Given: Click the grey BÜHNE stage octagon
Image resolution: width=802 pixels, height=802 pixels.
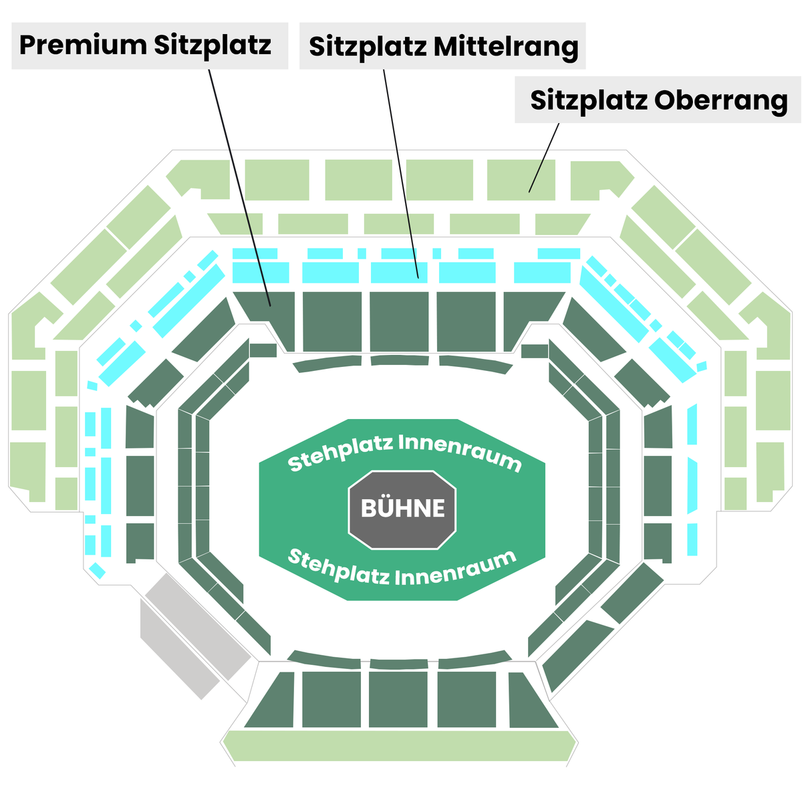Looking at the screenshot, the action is tap(402, 509).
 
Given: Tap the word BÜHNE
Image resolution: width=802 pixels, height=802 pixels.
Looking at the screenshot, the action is tap(402, 508).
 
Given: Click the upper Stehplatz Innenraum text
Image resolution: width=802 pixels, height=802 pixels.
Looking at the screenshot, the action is tap(404, 453).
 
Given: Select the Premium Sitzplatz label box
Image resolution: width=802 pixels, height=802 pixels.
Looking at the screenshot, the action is tap(150, 46).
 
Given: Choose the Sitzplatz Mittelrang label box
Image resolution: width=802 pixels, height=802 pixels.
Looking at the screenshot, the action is tap(442, 46).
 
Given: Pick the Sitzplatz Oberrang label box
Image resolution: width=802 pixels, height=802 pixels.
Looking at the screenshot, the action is tap(658, 100).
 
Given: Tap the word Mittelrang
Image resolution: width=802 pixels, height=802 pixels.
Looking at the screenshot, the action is tap(506, 47).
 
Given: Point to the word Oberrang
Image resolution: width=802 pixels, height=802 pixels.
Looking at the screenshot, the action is tap(721, 100).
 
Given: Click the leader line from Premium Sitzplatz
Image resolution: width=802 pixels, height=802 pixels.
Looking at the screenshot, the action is tap(240, 188).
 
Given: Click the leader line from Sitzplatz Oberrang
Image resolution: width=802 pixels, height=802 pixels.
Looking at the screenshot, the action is tap(543, 158).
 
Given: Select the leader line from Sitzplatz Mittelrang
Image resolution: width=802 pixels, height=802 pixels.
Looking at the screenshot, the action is tap(401, 174).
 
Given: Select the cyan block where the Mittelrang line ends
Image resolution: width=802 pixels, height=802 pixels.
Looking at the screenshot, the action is tap(399, 273).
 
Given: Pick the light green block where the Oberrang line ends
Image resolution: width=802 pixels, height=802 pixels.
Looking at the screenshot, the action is tap(521, 180).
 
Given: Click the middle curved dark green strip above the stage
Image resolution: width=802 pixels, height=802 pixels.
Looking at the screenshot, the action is tap(400, 360).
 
